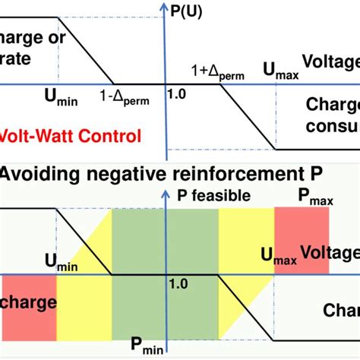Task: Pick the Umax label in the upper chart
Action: pyautogui.click(x=280, y=70)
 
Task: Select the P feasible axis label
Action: pyautogui.click(x=213, y=195)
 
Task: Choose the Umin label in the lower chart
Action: pyautogui.click(x=63, y=262)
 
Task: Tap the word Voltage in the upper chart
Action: pyautogui.click(x=330, y=62)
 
